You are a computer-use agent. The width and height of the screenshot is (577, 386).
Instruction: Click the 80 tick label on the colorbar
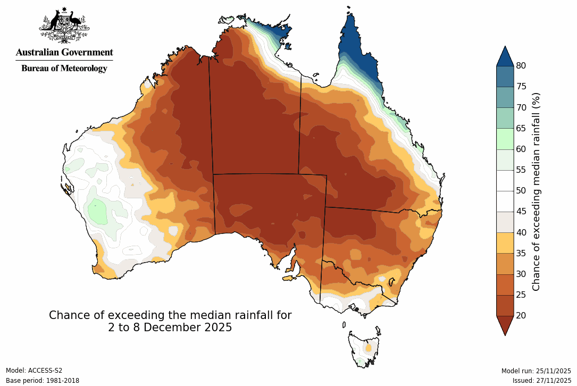pos(521,66)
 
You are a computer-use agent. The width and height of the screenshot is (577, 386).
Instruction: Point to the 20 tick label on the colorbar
pos(521,315)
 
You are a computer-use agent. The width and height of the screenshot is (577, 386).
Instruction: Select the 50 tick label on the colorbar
pos(521,190)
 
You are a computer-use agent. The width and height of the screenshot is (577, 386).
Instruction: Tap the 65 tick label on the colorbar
pos(521,128)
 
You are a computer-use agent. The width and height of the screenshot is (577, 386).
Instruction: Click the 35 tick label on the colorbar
pos(521,253)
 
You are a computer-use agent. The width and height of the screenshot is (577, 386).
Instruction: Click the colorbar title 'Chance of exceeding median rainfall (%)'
pos(537,191)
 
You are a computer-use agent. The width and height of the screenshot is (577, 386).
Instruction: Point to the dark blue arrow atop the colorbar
pos(505,56)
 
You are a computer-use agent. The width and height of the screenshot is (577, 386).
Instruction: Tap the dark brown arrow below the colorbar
pos(505,324)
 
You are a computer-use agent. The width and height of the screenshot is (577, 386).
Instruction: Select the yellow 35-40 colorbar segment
pos(505,242)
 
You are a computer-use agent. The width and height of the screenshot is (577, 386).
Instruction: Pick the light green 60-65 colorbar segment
pos(505,139)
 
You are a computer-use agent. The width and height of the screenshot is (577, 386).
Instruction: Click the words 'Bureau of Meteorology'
pos(64,68)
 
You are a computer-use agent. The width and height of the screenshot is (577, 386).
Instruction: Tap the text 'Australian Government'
pos(64,52)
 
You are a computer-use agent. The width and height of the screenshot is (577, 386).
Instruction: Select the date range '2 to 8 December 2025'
pos(170,328)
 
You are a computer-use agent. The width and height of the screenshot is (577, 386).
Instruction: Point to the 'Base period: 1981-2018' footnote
pos(42,381)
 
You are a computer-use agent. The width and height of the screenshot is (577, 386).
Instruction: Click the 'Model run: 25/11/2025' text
pos(536,371)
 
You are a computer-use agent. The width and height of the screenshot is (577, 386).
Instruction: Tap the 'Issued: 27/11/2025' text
pos(541,381)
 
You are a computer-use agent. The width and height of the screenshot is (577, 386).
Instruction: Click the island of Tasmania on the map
pos(364,348)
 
